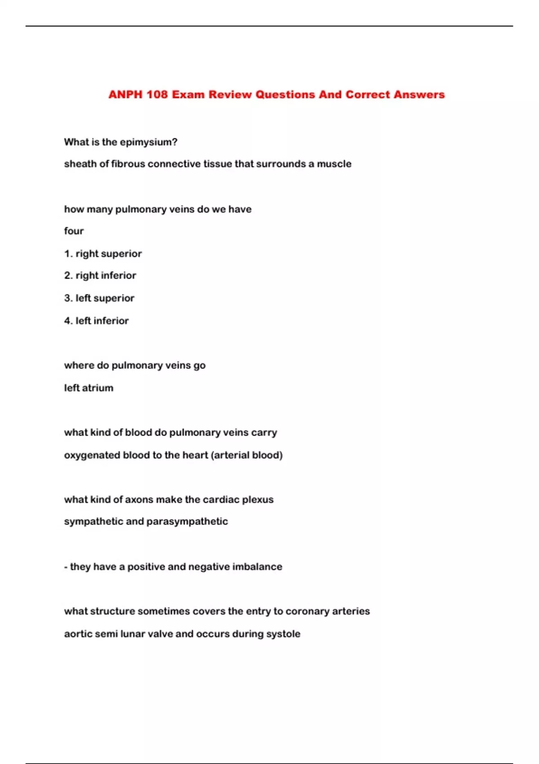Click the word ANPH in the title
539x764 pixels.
coord(125,94)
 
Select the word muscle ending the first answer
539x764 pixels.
coord(334,164)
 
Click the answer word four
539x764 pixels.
coord(74,231)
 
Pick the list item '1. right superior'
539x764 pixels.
coord(103,253)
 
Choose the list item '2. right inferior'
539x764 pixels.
coord(100,275)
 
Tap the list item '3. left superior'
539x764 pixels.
coord(99,298)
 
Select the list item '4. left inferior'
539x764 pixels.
coord(97,320)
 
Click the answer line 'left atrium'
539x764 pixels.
coord(88,388)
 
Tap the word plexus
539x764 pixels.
coord(258,500)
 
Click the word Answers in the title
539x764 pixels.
coord(419,94)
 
